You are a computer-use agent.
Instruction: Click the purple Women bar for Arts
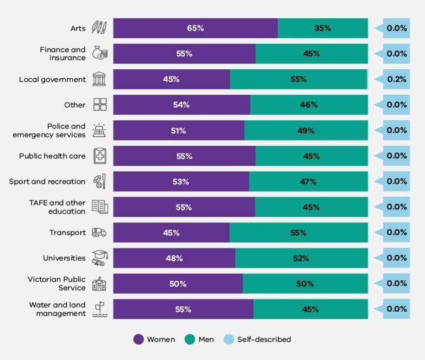point(195,28)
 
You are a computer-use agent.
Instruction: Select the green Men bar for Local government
point(298,79)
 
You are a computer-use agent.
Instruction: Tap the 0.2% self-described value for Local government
point(396,79)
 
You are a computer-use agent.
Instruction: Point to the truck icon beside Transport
point(100,233)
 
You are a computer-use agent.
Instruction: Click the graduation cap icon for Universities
point(100,258)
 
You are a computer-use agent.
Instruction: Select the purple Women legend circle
point(138,340)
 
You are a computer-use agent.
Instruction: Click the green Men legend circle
point(190,340)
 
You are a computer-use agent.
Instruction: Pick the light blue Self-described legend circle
point(229,340)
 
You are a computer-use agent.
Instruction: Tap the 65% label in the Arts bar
point(195,28)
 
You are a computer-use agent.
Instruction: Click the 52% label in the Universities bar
point(300,258)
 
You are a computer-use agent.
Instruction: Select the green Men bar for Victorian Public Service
point(305,284)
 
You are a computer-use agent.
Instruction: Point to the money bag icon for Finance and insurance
point(100,54)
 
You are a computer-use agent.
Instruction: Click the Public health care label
point(53,156)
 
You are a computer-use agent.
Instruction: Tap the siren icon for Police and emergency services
point(100,131)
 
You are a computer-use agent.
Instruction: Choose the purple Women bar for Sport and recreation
point(181,182)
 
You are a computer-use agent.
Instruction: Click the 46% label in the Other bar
point(309,105)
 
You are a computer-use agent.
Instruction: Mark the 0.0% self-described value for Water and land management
point(396,309)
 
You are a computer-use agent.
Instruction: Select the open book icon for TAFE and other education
point(100,207)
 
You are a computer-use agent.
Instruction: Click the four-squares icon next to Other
point(100,105)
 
